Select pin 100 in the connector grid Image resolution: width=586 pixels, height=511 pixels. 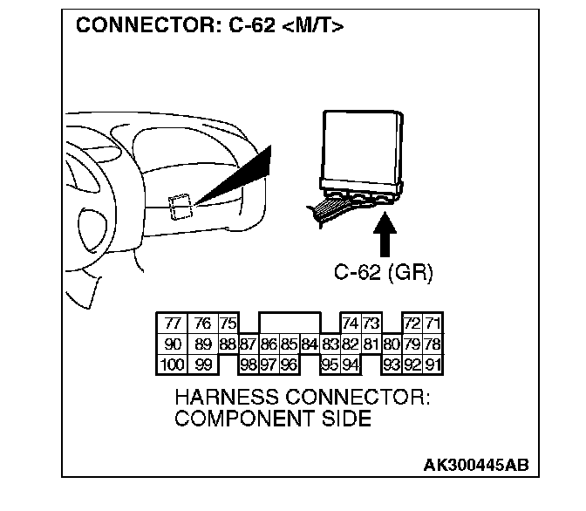(172, 365)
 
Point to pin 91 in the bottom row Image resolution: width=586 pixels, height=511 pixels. (433, 365)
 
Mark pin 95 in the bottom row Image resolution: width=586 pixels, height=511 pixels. (330, 365)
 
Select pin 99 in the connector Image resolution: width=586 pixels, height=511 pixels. (202, 365)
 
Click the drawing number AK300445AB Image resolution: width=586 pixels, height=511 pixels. (475, 466)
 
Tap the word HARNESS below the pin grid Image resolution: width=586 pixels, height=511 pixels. (227, 398)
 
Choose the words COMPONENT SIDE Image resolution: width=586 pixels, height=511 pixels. (273, 419)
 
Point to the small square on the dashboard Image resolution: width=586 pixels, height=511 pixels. (181, 206)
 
